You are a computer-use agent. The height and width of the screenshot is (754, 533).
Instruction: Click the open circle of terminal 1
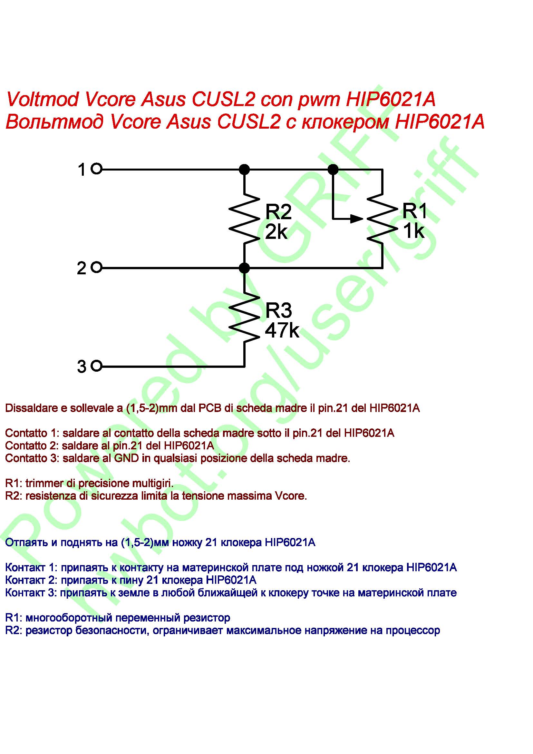coord(96,170)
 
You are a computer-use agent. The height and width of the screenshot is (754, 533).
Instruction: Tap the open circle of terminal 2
coord(96,268)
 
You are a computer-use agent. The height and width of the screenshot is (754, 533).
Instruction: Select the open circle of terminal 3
coord(96,366)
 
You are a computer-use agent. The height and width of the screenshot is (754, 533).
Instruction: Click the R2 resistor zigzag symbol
coord(244,219)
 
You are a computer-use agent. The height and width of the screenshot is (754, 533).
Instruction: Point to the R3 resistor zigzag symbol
coord(244,317)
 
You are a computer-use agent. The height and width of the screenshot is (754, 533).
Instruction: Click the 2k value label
coord(276,232)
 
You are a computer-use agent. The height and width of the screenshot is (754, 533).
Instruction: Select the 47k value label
coord(282,330)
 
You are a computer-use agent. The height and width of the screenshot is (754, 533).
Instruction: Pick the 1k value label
coord(413,231)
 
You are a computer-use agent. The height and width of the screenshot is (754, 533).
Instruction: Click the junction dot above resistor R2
coord(244,170)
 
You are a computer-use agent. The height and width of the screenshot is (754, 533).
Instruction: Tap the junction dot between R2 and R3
coord(244,268)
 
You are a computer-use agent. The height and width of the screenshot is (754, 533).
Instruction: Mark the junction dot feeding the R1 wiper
coord(333,170)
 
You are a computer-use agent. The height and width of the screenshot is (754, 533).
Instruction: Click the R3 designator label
coord(278,310)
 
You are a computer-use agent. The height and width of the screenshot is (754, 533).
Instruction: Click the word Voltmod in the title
coord(43,99)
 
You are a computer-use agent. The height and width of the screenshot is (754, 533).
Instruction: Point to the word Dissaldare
coord(31,408)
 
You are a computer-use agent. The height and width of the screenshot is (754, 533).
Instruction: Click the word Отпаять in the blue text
coord(26,542)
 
